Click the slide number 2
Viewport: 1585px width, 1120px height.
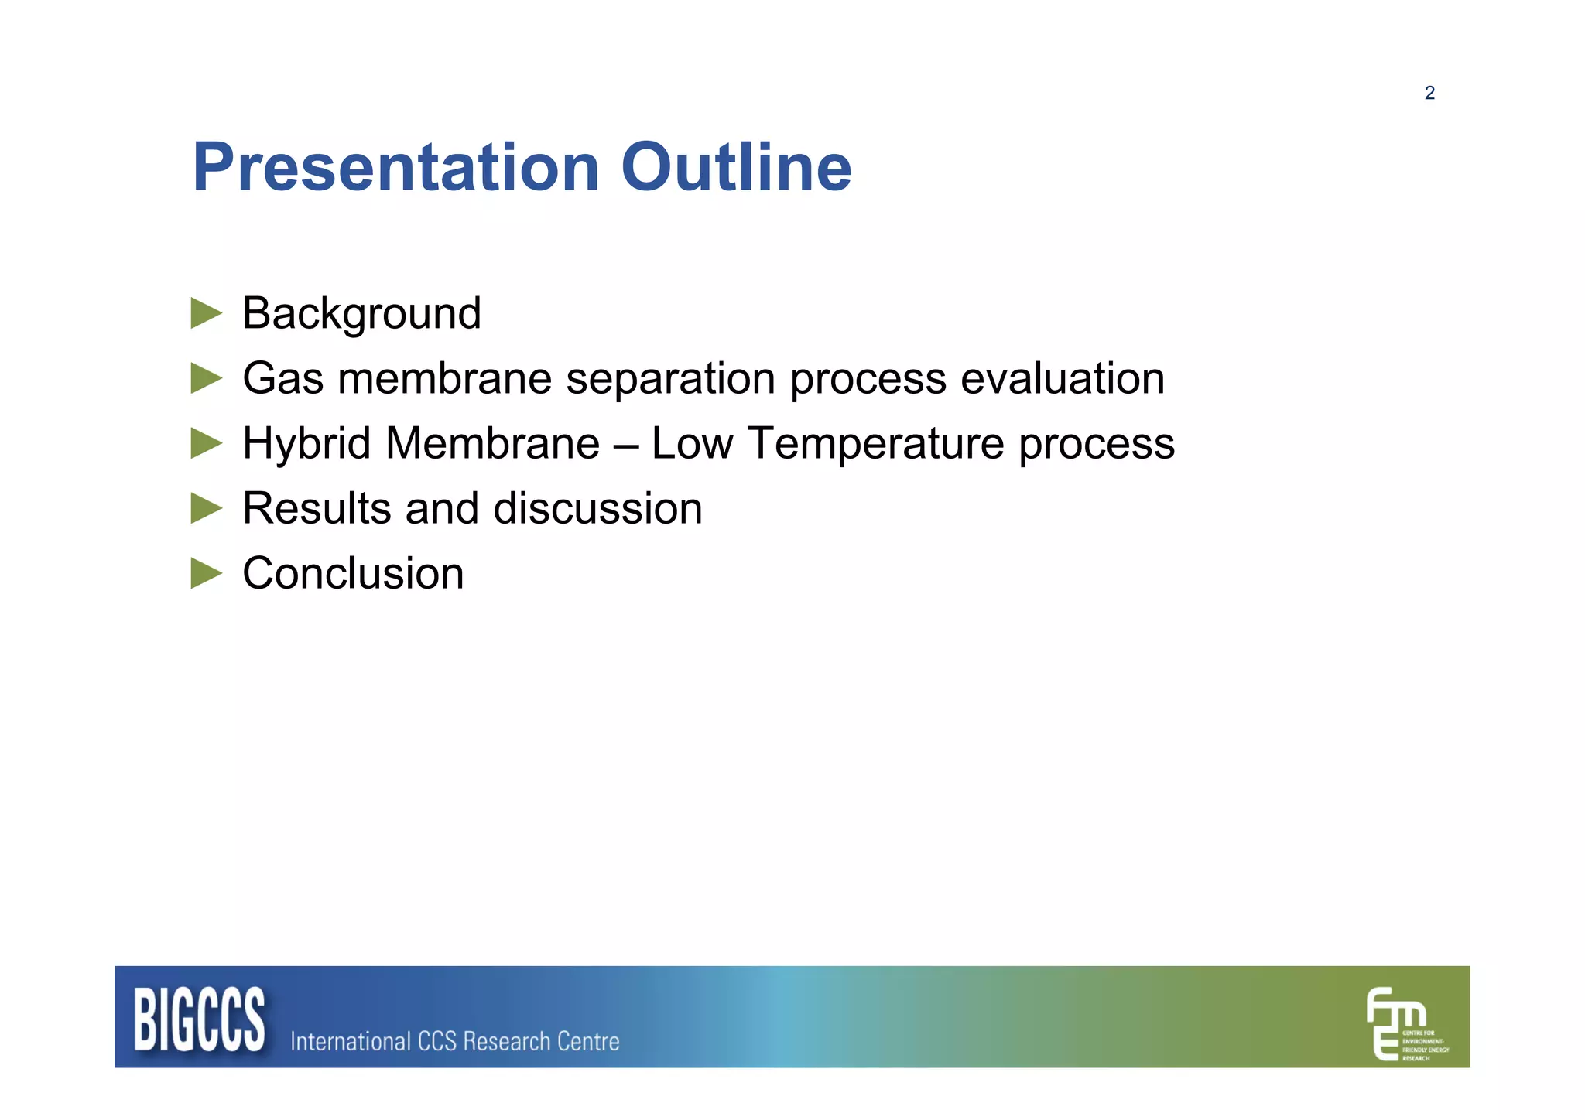click(1429, 94)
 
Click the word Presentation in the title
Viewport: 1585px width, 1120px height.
click(395, 168)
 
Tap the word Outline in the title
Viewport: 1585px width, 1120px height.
click(736, 168)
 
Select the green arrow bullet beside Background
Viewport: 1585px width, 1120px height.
click(206, 313)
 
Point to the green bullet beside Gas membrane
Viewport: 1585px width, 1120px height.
click(206, 378)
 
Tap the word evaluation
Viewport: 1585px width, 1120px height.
click(1062, 379)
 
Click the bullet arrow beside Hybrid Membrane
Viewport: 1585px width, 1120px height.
click(206, 443)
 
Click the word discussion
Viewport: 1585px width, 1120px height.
click(597, 509)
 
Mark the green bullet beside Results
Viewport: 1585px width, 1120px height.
click(206, 508)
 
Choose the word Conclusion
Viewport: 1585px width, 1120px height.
click(353, 574)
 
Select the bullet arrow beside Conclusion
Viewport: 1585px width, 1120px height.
click(206, 573)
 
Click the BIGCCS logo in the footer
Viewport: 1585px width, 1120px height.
click(200, 1019)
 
